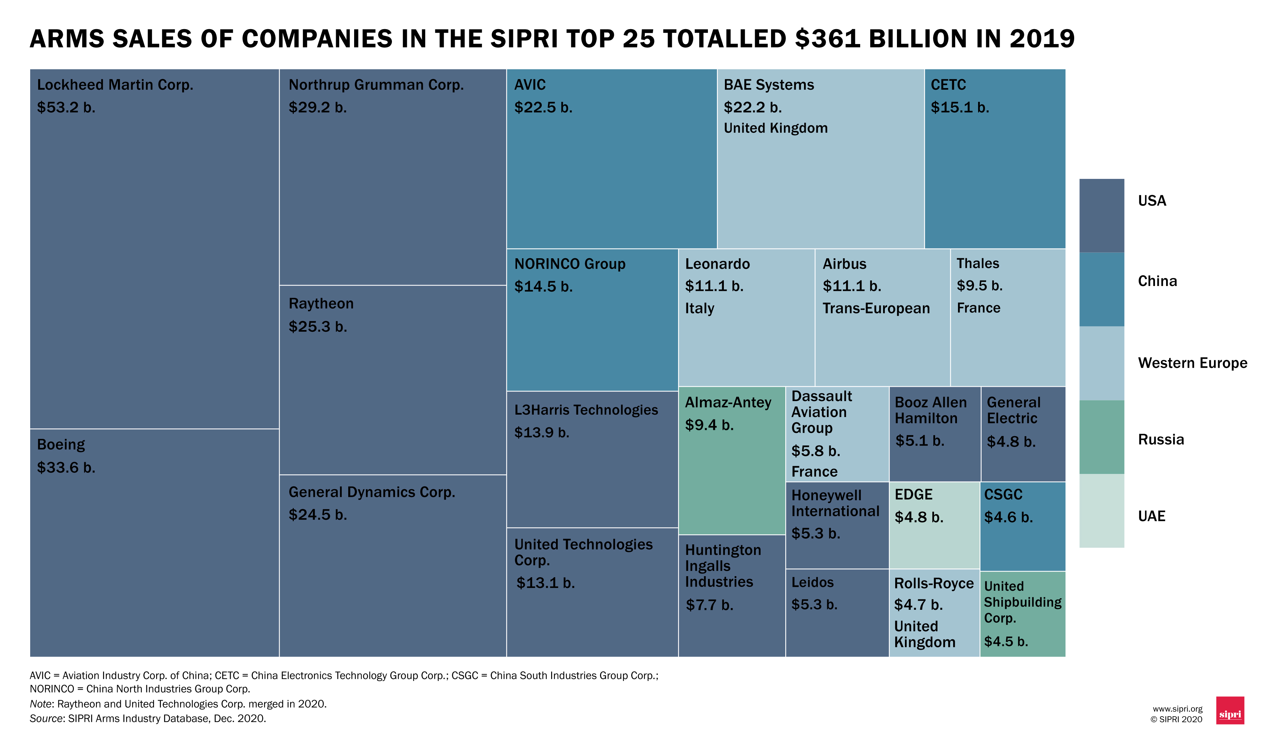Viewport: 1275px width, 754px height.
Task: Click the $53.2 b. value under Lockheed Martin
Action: [66, 108]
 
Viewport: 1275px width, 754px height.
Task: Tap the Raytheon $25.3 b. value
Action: [318, 327]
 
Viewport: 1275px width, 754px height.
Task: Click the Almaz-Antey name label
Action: [728, 402]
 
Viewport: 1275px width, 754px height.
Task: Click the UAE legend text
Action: [1152, 516]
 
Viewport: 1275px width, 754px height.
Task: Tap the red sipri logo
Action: [1230, 710]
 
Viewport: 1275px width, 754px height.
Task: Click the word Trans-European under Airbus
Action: [876, 309]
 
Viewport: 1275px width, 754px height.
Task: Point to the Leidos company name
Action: [812, 582]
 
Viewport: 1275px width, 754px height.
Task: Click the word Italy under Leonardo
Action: [700, 309]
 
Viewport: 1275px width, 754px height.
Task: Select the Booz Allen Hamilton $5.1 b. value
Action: [919, 441]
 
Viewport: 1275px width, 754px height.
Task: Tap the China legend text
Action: [1157, 281]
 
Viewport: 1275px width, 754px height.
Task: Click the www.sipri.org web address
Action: [1178, 709]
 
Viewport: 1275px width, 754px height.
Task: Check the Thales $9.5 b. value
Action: [979, 286]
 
